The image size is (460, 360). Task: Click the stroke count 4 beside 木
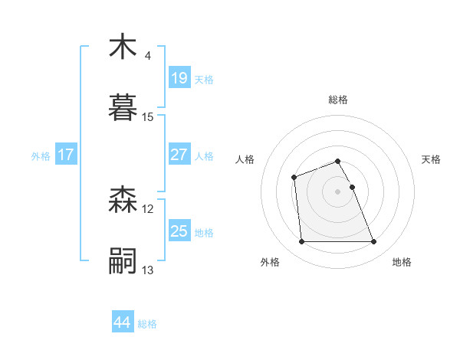click(147, 56)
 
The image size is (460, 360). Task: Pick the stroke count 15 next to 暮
click(148, 117)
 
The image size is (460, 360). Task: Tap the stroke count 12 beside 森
click(148, 209)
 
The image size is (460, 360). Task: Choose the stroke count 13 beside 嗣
click(148, 270)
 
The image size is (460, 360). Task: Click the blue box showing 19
click(179, 78)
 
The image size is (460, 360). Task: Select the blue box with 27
click(179, 155)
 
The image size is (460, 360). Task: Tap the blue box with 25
click(179, 231)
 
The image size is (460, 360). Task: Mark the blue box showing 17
click(66, 155)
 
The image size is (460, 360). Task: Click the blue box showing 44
click(123, 322)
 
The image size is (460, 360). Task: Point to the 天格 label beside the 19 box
click(204, 79)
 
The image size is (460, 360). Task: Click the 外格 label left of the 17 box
click(41, 155)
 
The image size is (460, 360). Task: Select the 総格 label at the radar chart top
click(338, 100)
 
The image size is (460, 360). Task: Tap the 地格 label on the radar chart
click(402, 262)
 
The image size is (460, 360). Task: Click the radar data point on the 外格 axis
click(301, 242)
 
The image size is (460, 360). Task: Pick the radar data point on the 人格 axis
click(294, 178)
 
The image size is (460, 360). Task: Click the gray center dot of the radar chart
click(338, 191)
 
